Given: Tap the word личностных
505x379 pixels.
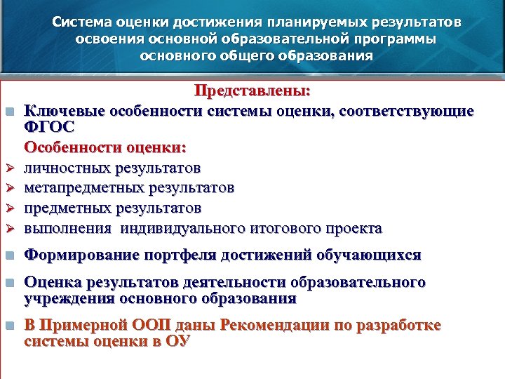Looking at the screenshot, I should (65, 168).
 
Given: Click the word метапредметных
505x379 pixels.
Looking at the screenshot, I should (77, 188).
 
